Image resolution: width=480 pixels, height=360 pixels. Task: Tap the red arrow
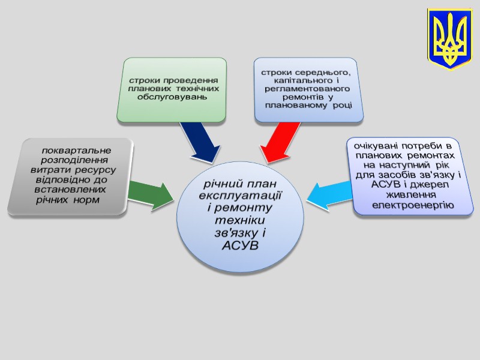tap(280, 142)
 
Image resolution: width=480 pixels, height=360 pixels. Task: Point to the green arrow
tap(149, 193)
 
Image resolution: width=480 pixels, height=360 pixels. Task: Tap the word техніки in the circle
tap(239, 221)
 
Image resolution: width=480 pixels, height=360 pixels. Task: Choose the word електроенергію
tap(413, 205)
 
